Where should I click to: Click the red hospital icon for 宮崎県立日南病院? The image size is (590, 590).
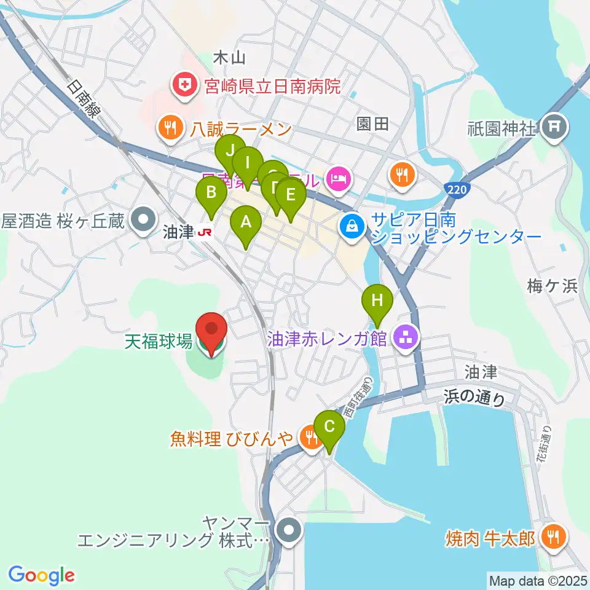click(183, 85)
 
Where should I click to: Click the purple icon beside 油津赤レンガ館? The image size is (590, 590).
click(404, 336)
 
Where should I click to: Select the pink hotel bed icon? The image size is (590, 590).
click(339, 179)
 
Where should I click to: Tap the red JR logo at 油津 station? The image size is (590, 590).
click(203, 233)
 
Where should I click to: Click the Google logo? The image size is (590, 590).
click(41, 575)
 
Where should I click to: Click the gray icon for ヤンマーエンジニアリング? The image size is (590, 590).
click(288, 529)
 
